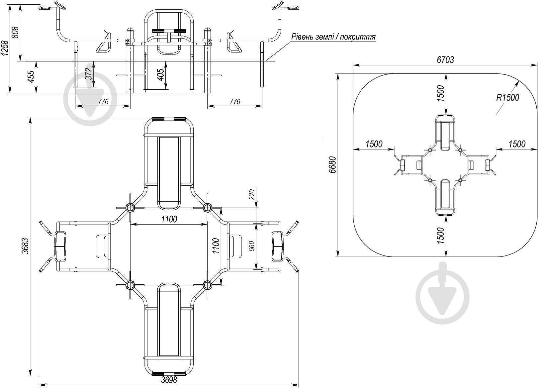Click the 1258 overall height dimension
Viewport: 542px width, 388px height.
coord(5,48)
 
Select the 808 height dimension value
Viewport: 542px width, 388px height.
coord(15,32)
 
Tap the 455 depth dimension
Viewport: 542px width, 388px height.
coord(32,76)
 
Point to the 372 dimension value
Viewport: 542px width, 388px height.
coord(89,73)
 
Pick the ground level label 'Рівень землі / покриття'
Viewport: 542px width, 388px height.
coord(333,37)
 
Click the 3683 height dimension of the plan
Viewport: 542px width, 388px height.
coord(25,246)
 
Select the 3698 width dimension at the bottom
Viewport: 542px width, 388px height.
coord(169,380)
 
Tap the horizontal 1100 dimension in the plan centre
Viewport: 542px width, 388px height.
coord(169,219)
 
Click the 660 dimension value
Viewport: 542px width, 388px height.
coord(252,246)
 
